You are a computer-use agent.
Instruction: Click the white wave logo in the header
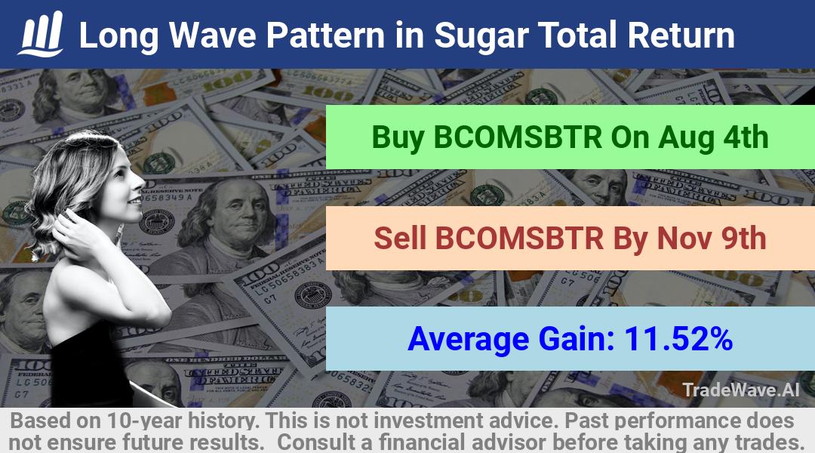pos(42,34)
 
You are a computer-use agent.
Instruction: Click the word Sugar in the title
pos(480,36)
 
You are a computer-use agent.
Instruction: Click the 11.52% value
pos(678,338)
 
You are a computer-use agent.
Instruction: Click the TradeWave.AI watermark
pos(741,390)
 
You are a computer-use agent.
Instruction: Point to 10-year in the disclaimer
pos(144,421)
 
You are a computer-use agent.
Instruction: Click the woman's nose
pos(140,183)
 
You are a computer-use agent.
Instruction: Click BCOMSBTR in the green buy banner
pos(518,137)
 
